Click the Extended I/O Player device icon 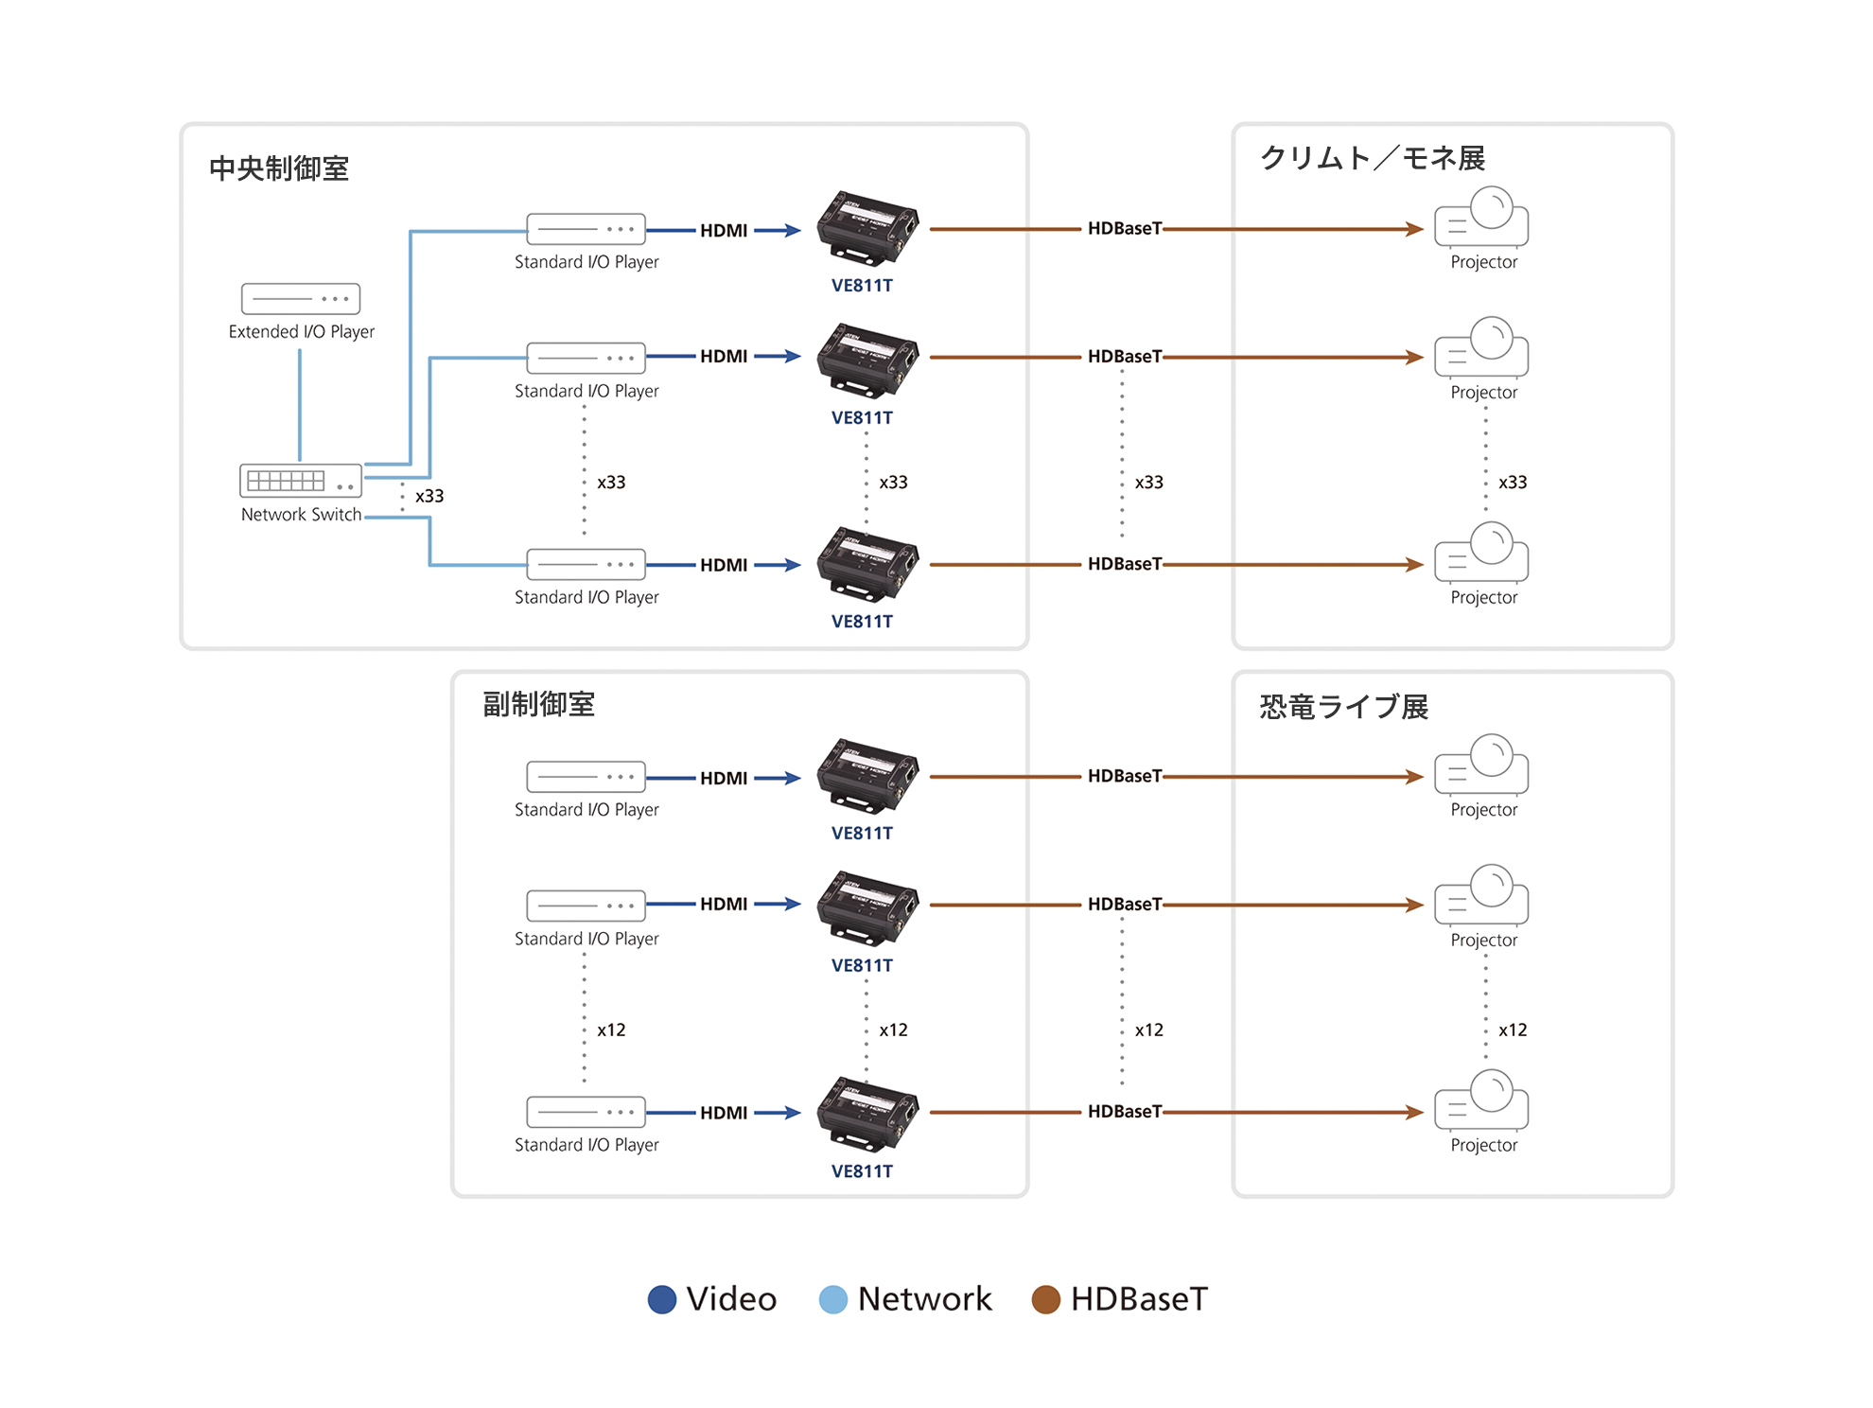point(301,298)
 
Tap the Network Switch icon point(301,481)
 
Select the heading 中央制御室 point(279,168)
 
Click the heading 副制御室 point(538,704)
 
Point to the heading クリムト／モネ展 point(1372,158)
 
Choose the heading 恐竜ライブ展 point(1343,707)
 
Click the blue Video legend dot point(662,1299)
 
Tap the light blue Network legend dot point(832,1299)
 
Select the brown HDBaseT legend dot point(1045,1299)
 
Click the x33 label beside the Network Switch point(429,496)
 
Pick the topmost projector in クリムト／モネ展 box point(1481,217)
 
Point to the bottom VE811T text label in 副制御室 point(862,1171)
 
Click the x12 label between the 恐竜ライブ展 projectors point(1513,1030)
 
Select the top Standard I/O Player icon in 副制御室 point(586,777)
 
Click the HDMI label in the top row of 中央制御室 point(724,230)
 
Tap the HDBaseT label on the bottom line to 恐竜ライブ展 point(1124,1112)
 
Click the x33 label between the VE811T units point(893,482)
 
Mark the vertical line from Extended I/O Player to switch point(300,405)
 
